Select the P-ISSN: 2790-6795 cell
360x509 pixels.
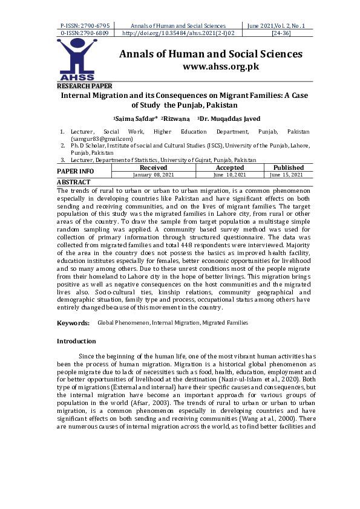click(85, 26)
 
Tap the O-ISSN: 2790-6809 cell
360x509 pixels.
click(85, 33)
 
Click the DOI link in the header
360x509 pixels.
click(178, 33)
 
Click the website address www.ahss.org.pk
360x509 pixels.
click(220, 66)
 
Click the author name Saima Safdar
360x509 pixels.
click(136, 119)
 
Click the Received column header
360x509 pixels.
click(153, 167)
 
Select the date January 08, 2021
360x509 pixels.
click(153, 175)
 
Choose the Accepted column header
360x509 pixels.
click(230, 167)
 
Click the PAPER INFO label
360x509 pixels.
click(75, 171)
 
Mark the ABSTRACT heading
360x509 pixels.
click(73, 182)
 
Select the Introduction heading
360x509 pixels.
click(76, 342)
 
